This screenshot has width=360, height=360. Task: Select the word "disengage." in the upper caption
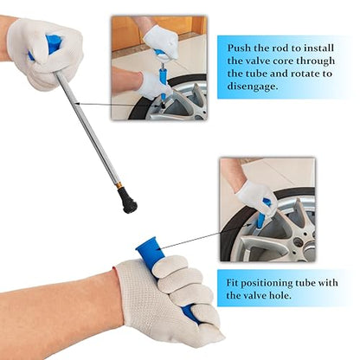(253, 86)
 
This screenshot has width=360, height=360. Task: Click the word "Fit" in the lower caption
(232, 282)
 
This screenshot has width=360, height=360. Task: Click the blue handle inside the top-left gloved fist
(48, 46)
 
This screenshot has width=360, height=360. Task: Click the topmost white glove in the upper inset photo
(161, 40)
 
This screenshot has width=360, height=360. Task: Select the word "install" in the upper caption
(318, 48)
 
